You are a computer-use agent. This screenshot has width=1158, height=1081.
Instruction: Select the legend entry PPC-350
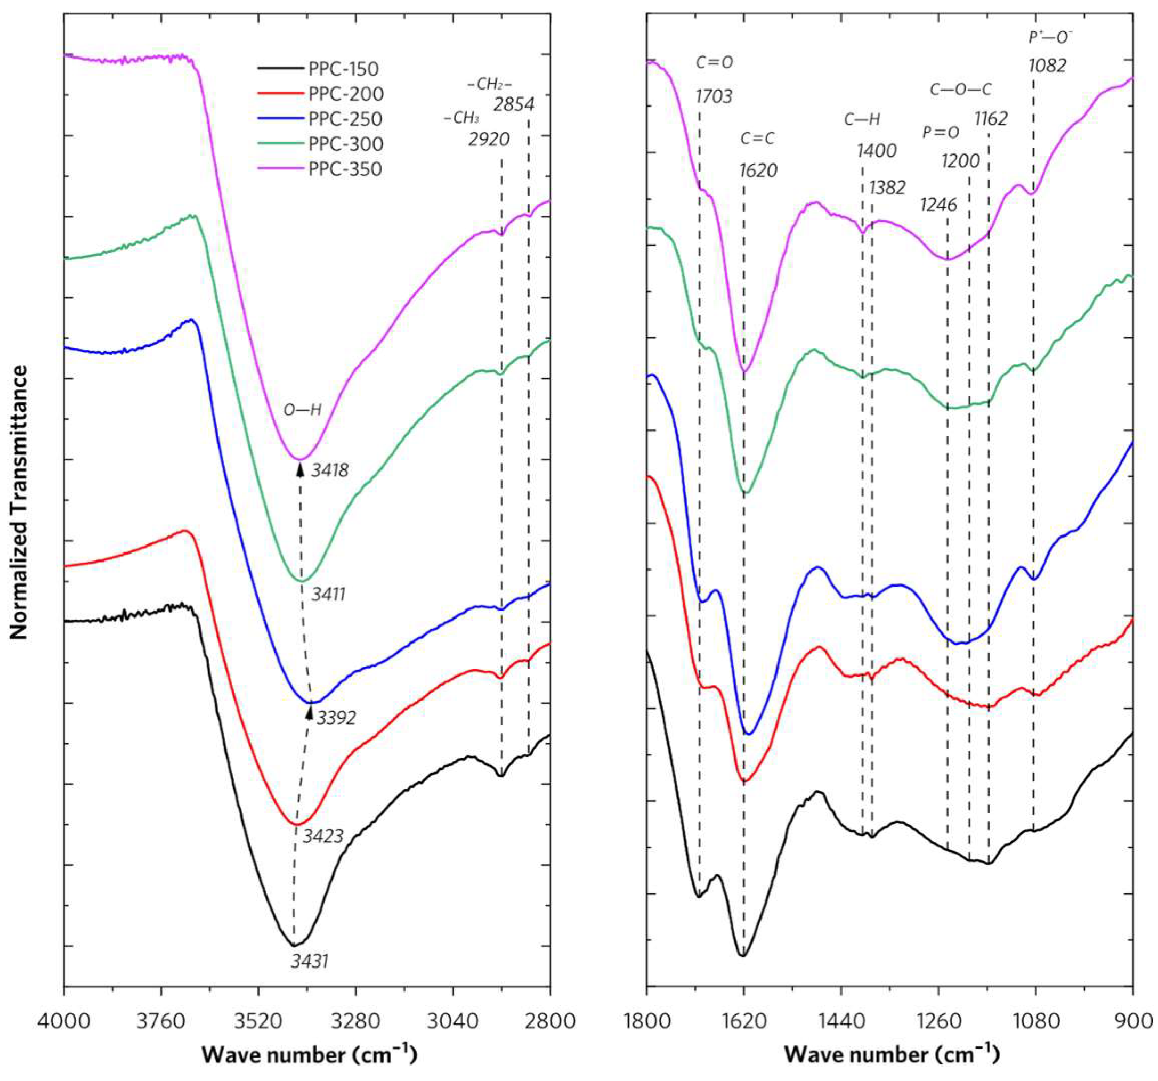click(345, 169)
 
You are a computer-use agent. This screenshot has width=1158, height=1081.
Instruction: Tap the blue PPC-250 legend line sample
click(281, 119)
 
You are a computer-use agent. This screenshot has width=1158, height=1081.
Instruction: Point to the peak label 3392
click(336, 718)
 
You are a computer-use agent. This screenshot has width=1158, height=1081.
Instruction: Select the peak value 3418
click(330, 470)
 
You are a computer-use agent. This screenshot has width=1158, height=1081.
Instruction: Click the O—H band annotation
click(302, 410)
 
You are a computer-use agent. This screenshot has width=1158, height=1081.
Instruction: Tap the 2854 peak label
click(514, 105)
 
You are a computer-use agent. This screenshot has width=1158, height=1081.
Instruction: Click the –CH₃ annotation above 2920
click(461, 118)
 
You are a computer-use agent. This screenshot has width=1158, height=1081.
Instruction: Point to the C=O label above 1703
click(715, 62)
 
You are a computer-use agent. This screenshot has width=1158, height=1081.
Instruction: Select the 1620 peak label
click(758, 170)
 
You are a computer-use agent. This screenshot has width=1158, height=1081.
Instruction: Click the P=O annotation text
click(940, 133)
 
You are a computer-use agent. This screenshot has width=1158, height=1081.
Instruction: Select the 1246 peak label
click(938, 205)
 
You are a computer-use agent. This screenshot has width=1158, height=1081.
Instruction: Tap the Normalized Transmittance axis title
click(19, 502)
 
